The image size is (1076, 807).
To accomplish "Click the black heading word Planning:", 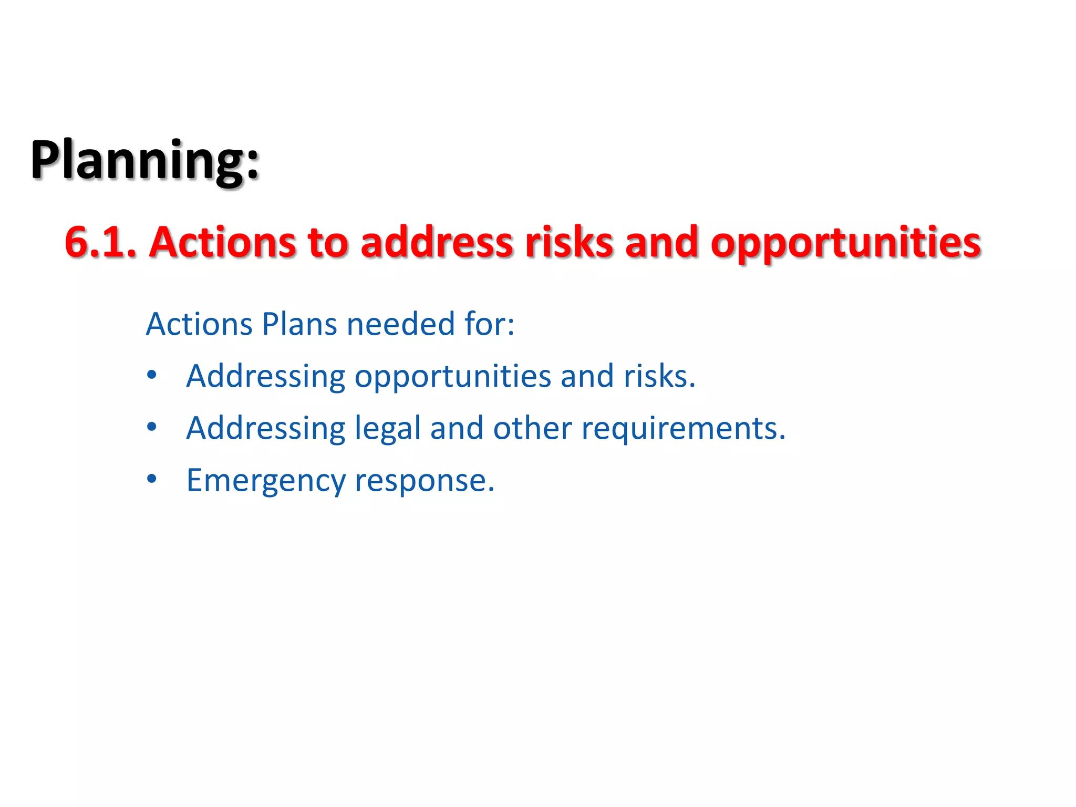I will (x=144, y=160).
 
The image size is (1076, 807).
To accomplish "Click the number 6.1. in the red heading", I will (x=100, y=243).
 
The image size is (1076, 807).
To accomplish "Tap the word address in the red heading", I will (x=437, y=243).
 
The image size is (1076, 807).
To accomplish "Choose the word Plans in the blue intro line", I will (x=299, y=324).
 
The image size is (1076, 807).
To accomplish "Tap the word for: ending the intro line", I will (x=489, y=324).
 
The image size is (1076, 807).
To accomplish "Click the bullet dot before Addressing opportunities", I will (x=152, y=375).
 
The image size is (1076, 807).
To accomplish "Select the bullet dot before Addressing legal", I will (x=152, y=427).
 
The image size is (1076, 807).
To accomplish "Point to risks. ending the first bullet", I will (x=659, y=376).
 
